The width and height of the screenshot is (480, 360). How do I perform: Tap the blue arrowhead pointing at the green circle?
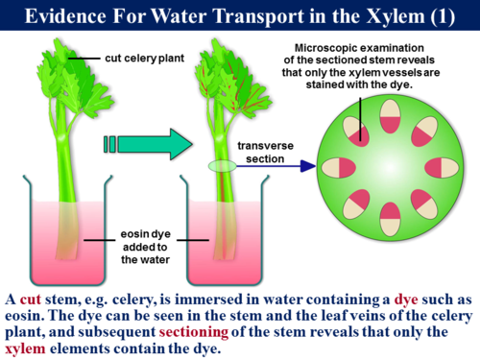click(x=307, y=165)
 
